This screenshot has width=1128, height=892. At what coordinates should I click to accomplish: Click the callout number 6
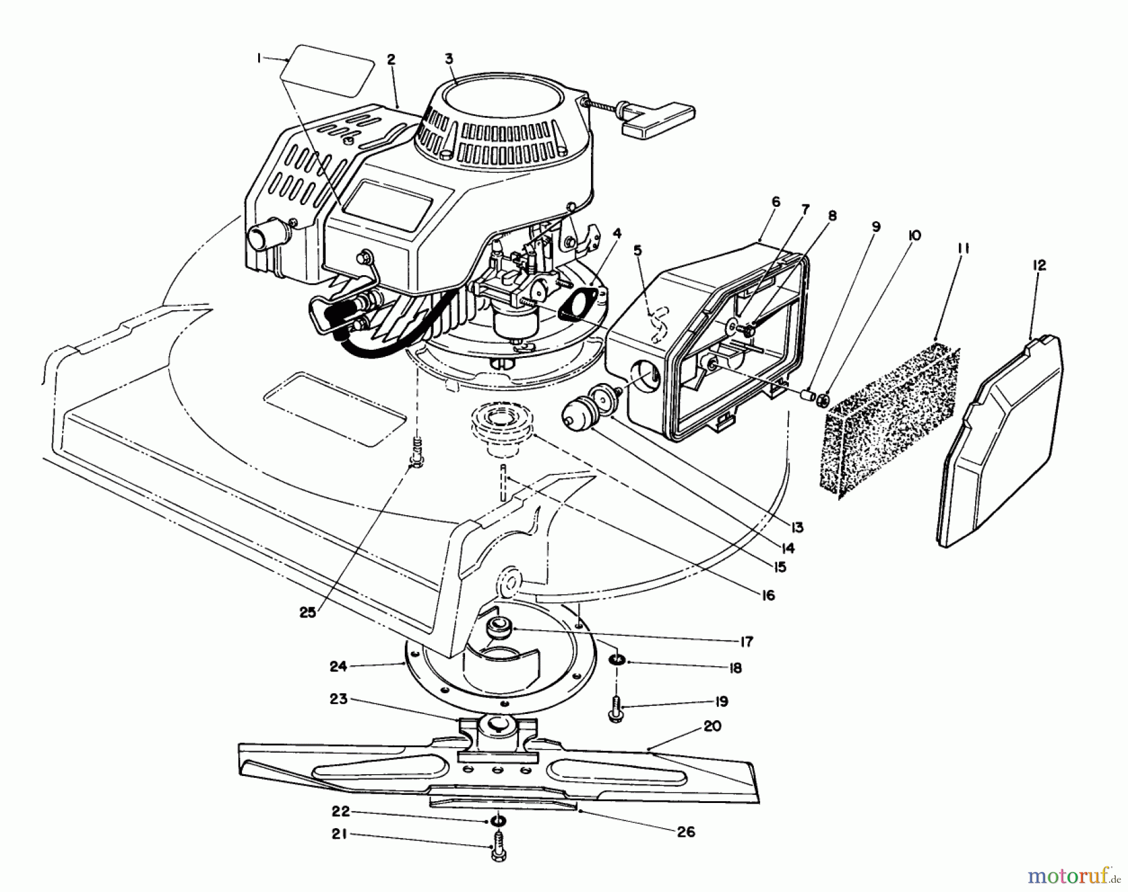click(776, 202)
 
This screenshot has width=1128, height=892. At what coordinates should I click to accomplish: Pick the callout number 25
click(307, 613)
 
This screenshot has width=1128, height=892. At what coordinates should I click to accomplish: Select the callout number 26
click(686, 832)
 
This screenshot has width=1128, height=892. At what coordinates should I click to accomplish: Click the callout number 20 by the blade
click(712, 726)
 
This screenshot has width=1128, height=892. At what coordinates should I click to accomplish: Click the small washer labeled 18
click(618, 660)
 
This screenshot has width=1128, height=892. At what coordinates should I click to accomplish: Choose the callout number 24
click(338, 666)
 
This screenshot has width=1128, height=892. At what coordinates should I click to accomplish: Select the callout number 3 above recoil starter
click(449, 59)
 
